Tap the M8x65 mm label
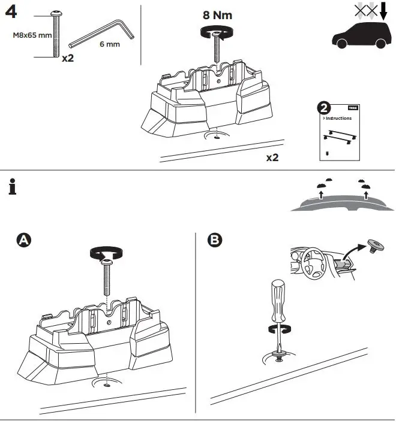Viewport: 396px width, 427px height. [32, 35]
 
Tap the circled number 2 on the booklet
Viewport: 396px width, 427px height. [325, 108]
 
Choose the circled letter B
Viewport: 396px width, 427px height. [214, 241]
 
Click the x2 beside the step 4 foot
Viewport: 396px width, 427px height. [272, 158]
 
